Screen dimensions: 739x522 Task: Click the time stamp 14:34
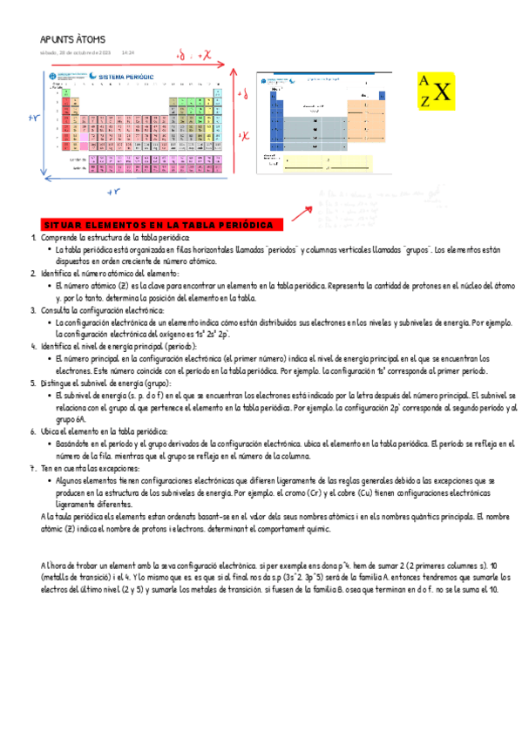point(127,52)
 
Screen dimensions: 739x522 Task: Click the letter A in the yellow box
point(424,81)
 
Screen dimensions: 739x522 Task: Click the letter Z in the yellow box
point(424,102)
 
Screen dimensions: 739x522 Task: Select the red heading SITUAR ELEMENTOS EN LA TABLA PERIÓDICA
point(157,226)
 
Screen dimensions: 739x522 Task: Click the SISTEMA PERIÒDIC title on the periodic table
point(127,77)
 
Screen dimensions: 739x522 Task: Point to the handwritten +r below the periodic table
point(112,191)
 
